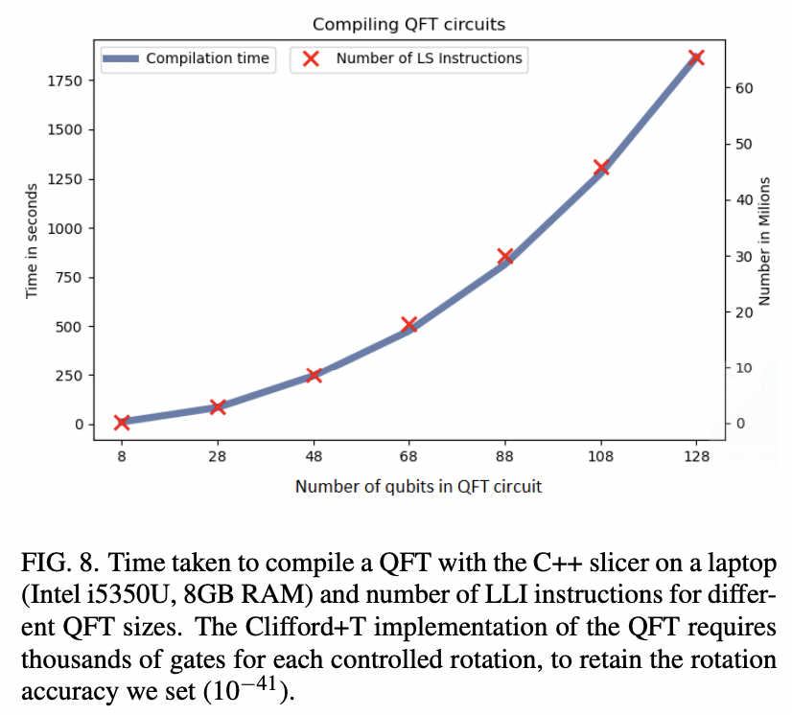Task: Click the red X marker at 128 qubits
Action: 697,58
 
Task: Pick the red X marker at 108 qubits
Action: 601,168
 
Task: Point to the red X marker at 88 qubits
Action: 505,256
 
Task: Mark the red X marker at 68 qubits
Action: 409,325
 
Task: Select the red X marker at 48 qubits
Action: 314,375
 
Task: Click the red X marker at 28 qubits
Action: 218,406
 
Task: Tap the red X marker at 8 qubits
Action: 122,423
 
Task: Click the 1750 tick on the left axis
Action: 64,81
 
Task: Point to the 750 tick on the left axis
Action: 68,278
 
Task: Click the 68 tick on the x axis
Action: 409,457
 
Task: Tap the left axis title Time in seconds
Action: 32,240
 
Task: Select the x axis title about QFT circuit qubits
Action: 418,487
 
